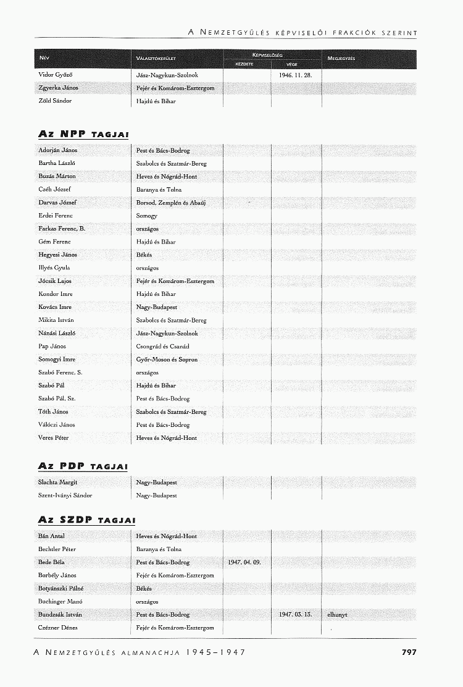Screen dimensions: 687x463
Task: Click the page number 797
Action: coord(409,652)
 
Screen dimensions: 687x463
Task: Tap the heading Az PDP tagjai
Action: coord(83,465)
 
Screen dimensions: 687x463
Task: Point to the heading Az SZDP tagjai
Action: coord(86,520)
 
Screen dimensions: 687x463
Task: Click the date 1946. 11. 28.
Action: coord(296,75)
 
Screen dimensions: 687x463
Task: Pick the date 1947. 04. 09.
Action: coord(244,562)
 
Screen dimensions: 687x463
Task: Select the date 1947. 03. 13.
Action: coord(296,615)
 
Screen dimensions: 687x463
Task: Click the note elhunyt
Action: coord(338,615)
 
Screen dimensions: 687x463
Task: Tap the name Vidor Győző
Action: coord(56,75)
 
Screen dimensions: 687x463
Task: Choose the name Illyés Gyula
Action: coord(54,268)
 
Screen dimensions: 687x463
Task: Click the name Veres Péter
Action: coord(54,438)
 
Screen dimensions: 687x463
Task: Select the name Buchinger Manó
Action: coord(60,601)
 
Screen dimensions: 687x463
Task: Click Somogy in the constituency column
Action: coord(147,216)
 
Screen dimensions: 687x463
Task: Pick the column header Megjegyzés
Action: coord(341,59)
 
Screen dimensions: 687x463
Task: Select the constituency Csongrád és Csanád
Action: coord(163,347)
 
